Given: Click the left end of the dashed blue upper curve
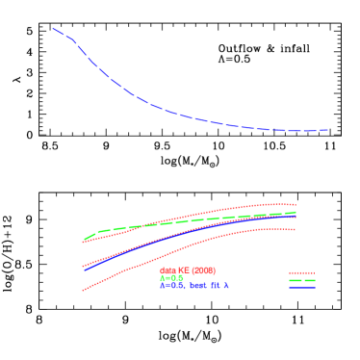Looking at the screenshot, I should click(x=53, y=29).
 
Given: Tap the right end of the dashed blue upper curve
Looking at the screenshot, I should click(x=328, y=129).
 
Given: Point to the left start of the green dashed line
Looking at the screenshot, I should click(x=85, y=240).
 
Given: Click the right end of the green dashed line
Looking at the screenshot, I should click(x=296, y=212).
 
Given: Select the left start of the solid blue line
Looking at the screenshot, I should click(x=85, y=270).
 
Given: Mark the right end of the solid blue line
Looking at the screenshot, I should click(x=296, y=217).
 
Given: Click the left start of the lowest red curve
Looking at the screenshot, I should click(x=83, y=290).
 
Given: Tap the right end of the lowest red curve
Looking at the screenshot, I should click(x=296, y=229).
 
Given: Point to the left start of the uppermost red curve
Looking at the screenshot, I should click(x=83, y=243).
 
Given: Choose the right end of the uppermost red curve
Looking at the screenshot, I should click(x=296, y=204).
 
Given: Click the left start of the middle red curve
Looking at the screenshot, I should click(x=83, y=266).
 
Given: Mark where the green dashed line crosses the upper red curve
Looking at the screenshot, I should click(x=144, y=225).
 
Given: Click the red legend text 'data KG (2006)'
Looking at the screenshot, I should click(x=188, y=270).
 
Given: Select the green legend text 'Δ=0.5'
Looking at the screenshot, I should click(x=171, y=278).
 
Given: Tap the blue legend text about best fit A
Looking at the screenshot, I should click(x=193, y=286).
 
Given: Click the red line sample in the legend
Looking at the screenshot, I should click(x=302, y=273).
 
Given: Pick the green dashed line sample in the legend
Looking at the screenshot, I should click(x=302, y=280).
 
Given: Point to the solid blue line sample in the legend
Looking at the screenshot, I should click(x=302, y=287).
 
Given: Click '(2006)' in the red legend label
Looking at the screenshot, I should click(x=202, y=270).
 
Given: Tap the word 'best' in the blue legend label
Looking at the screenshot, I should click(x=197, y=286).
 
